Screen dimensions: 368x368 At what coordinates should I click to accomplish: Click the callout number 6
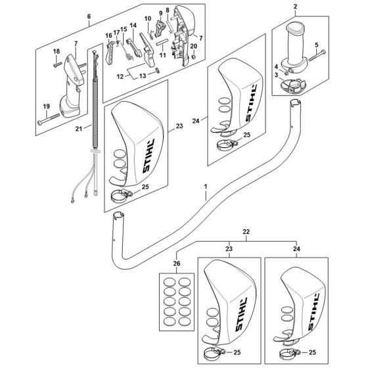pos(89,16)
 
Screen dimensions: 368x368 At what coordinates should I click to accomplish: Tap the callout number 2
pos(295,7)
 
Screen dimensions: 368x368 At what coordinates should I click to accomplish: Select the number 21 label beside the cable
pos(79,129)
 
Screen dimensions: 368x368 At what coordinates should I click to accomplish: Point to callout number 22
pos(246,231)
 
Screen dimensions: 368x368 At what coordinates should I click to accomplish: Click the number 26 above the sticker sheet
pos(177,264)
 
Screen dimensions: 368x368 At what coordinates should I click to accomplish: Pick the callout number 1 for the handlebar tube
pos(206,187)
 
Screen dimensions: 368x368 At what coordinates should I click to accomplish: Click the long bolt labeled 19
pos(49,119)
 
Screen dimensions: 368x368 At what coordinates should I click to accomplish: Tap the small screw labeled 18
pos(58,64)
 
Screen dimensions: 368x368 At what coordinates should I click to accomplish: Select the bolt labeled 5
pos(317,55)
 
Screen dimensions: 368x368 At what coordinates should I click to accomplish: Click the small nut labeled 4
pos(286,74)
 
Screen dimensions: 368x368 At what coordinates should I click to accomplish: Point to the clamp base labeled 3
pos(293,86)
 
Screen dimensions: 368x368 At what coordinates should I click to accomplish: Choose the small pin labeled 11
pos(162,44)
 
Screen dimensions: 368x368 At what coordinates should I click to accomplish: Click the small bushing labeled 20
pos(193,57)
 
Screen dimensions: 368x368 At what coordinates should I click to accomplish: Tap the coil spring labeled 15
pos(127,53)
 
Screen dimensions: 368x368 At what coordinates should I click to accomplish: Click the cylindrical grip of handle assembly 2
pos(296,45)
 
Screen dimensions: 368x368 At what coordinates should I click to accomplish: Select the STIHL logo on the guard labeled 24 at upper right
pos(252,103)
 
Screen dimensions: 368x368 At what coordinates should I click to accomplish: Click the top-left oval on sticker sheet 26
pos(170,282)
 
